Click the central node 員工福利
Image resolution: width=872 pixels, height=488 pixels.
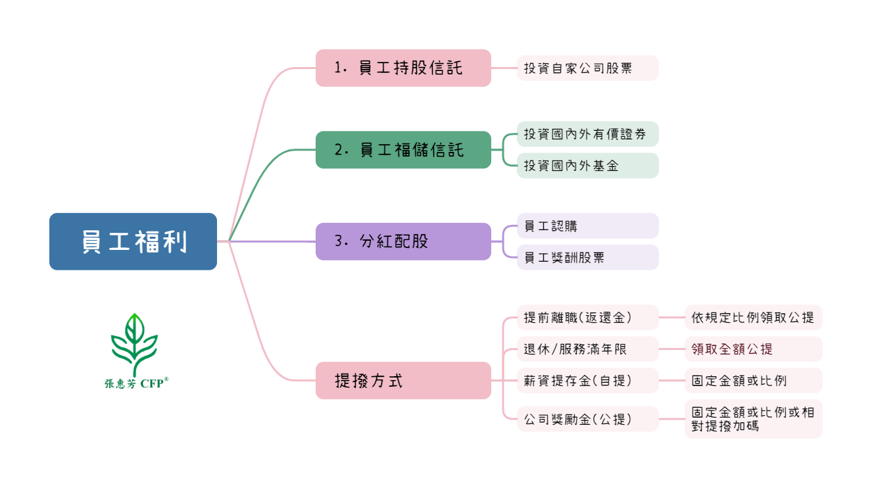tap(133, 241)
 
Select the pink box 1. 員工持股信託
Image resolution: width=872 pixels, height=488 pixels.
tap(403, 68)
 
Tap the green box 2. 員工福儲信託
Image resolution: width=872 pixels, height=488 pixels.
tap(403, 150)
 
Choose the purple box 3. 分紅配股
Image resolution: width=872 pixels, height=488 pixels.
tap(403, 241)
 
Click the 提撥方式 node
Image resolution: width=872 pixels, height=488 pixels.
tap(403, 380)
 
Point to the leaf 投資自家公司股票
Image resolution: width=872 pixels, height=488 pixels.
tap(587, 68)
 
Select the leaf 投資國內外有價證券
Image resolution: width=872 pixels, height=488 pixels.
tap(587, 134)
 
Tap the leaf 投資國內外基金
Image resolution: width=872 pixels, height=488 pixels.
tap(587, 166)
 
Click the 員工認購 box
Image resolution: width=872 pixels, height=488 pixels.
tap(587, 226)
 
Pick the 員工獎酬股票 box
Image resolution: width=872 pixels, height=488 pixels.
tap(587, 257)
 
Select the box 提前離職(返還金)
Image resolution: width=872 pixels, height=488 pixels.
tap(587, 317)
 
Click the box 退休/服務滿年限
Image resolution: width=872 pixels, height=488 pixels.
tap(587, 349)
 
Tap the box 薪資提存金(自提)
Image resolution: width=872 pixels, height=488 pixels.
tap(587, 380)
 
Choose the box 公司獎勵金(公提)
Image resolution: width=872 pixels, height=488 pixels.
tap(587, 419)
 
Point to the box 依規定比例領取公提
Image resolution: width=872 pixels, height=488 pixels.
tap(753, 317)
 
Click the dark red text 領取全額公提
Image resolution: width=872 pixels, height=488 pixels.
tap(732, 349)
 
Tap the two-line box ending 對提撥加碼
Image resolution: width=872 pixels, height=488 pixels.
tap(753, 419)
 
